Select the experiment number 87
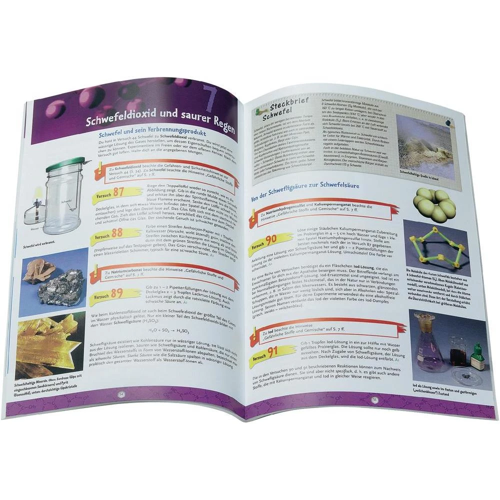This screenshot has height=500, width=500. pyautogui.click(x=118, y=192)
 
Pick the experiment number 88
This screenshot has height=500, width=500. pyautogui.click(x=116, y=233)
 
